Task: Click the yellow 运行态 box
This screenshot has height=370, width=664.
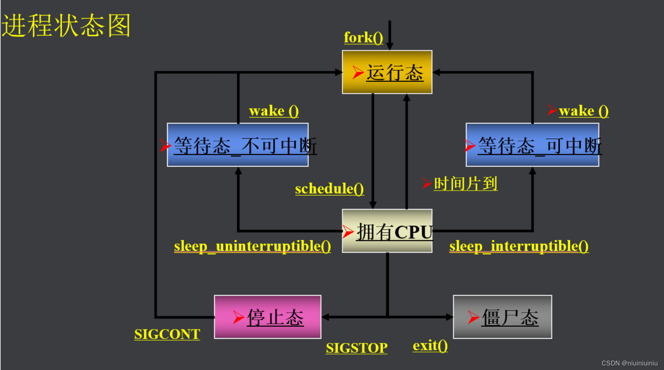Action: [387, 72]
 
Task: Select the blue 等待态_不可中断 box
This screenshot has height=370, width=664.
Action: [237, 145]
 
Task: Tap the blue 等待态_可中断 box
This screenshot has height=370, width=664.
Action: [532, 145]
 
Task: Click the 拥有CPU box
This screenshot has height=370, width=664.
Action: [387, 231]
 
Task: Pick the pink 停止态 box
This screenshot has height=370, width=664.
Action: [267, 317]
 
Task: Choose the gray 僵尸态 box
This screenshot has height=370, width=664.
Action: [502, 317]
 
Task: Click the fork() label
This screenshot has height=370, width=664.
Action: [363, 38]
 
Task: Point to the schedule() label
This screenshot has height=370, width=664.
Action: [329, 189]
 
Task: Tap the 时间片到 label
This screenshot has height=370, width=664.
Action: [465, 184]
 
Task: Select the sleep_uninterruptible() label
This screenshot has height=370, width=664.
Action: [252, 246]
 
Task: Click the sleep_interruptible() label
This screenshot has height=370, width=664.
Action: [519, 246]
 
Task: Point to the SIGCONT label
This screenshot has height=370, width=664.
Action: [167, 334]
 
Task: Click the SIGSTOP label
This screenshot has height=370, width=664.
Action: [356, 348]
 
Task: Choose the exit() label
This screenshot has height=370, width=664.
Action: [430, 346]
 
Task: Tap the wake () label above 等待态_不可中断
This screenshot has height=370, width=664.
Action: [273, 111]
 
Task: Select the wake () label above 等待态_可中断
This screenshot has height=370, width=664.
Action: [583, 111]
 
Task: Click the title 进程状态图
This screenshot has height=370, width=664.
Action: [66, 25]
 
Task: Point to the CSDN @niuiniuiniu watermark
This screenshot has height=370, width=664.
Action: [629, 363]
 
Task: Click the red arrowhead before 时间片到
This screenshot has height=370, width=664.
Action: [427, 184]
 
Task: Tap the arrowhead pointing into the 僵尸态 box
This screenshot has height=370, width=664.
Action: [450, 317]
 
